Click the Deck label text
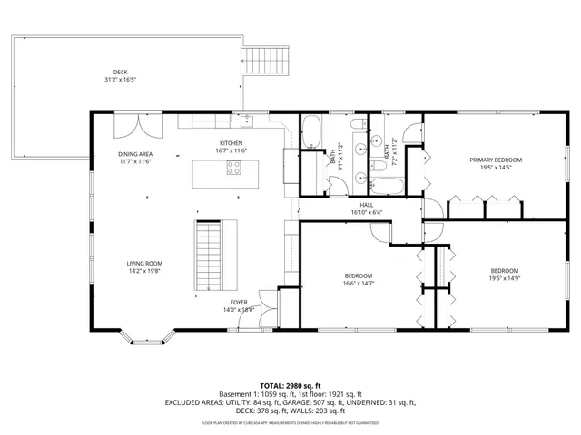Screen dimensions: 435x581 (120, 72)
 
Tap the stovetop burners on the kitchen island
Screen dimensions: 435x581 (234, 167)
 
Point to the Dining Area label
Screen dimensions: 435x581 (134, 154)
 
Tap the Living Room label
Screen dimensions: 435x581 (143, 263)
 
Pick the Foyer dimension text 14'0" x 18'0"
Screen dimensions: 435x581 (239, 309)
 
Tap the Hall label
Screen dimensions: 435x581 (367, 206)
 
